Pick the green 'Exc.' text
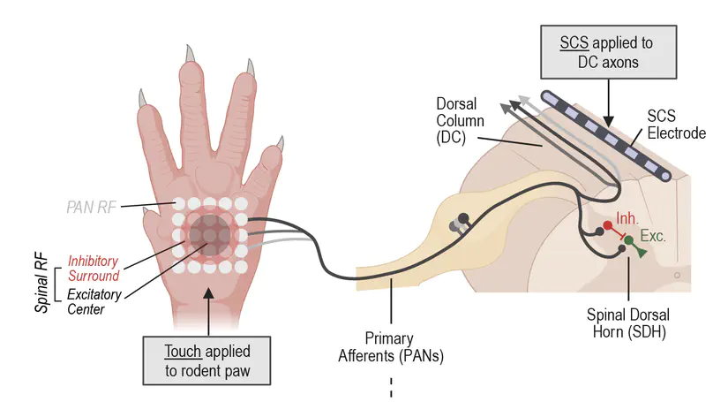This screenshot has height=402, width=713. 653,237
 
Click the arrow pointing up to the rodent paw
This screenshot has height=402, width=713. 207,309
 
